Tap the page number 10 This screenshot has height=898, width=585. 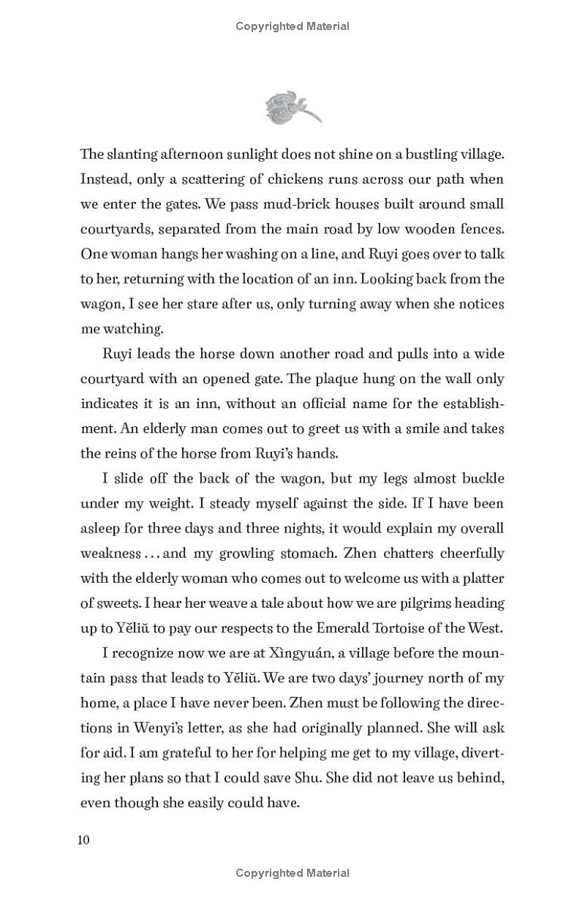coord(83,839)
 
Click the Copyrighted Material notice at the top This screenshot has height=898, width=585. coord(292,26)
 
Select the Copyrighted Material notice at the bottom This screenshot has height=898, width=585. coord(292,872)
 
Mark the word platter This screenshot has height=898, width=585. coord(480,578)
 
